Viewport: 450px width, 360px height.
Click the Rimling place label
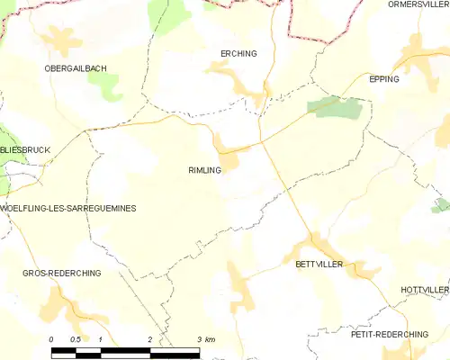point(204,169)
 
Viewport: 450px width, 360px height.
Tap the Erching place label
point(238,53)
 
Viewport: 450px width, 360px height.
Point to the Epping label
point(384,79)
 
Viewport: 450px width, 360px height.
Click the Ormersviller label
point(418,4)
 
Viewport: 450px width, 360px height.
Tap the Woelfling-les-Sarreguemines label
point(67,208)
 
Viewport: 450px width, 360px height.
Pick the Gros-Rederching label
point(62,273)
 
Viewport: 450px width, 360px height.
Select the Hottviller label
point(424,291)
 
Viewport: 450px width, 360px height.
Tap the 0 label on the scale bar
point(51,339)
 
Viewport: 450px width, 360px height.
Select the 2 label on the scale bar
point(149,339)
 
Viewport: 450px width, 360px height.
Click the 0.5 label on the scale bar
point(75,339)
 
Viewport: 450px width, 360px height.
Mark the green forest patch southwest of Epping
point(337,108)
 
